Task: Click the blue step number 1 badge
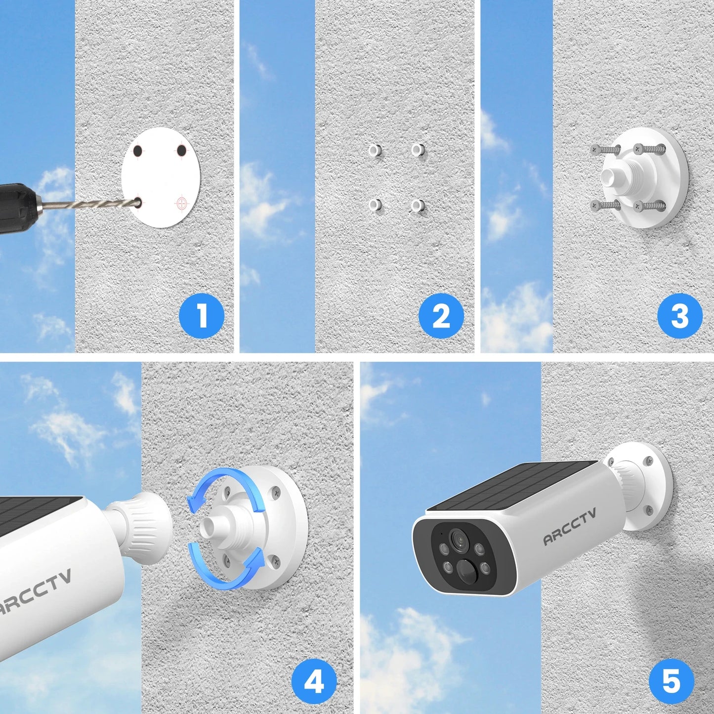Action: [201, 315]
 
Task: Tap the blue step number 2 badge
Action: [441, 315]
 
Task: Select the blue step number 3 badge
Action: [679, 315]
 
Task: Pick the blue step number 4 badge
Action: [314, 682]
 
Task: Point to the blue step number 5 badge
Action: [671, 682]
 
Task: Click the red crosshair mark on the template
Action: [182, 202]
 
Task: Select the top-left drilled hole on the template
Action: [138, 150]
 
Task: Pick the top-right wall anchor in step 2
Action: [418, 149]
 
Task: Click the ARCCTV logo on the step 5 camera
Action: [569, 527]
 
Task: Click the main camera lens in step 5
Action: [458, 539]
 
